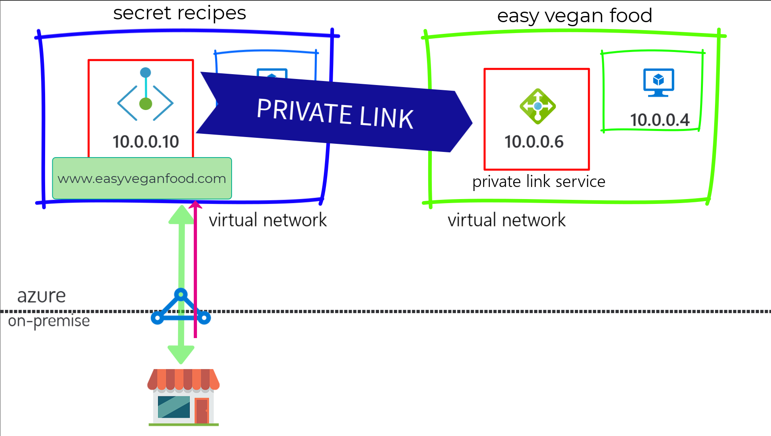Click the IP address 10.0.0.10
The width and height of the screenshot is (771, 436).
click(145, 142)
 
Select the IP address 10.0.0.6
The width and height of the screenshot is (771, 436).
click(534, 142)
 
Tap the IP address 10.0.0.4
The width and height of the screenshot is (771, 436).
click(660, 120)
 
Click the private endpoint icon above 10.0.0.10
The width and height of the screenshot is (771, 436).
click(145, 94)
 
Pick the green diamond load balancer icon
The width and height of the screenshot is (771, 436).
click(538, 106)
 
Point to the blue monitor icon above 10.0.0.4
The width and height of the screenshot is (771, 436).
click(659, 83)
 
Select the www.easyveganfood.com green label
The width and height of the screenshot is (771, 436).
click(142, 178)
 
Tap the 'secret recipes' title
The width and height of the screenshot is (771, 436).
click(180, 13)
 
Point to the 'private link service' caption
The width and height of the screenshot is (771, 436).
click(539, 182)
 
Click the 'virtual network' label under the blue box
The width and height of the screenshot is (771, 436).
click(267, 220)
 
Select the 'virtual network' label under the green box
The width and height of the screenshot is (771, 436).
click(506, 220)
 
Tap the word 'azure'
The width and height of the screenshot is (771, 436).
click(41, 296)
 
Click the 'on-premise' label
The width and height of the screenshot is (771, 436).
click(49, 321)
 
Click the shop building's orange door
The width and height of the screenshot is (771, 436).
click(202, 411)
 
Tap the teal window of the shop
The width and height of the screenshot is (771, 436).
click(174, 407)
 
